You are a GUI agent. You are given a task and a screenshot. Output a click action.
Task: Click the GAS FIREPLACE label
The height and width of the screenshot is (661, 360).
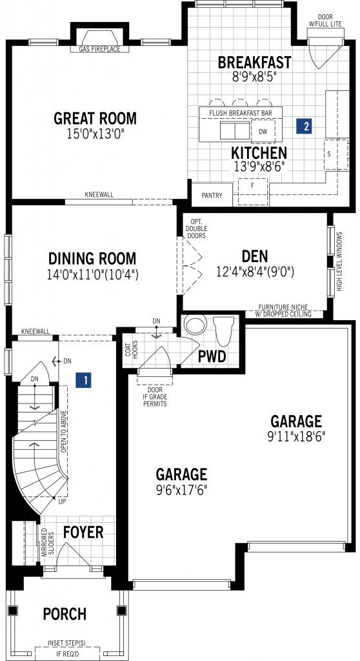99,49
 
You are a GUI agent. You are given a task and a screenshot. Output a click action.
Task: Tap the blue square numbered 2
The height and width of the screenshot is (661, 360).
304,126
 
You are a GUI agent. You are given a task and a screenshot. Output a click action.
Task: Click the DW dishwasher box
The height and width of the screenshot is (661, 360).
263,132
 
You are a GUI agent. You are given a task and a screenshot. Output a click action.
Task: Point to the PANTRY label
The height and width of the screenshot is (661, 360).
212,196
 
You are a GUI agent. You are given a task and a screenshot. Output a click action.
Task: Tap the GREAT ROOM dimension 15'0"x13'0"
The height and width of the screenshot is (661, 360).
95,134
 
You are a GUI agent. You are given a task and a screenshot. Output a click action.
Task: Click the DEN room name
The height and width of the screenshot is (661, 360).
255,256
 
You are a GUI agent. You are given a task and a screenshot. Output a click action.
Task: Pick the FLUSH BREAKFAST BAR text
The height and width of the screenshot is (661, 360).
240,113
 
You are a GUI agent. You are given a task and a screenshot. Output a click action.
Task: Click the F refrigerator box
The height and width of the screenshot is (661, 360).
252,192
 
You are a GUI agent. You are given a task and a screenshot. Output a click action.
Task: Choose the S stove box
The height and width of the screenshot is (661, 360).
336,154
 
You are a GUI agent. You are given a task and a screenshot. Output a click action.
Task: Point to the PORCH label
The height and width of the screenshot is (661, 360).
65,614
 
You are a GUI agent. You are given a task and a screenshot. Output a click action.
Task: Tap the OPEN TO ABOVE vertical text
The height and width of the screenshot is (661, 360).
64,431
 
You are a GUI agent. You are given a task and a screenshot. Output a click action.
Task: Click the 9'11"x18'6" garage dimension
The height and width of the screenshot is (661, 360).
296,436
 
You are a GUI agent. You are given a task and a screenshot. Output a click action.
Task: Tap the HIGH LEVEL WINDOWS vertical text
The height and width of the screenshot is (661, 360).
339,261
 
